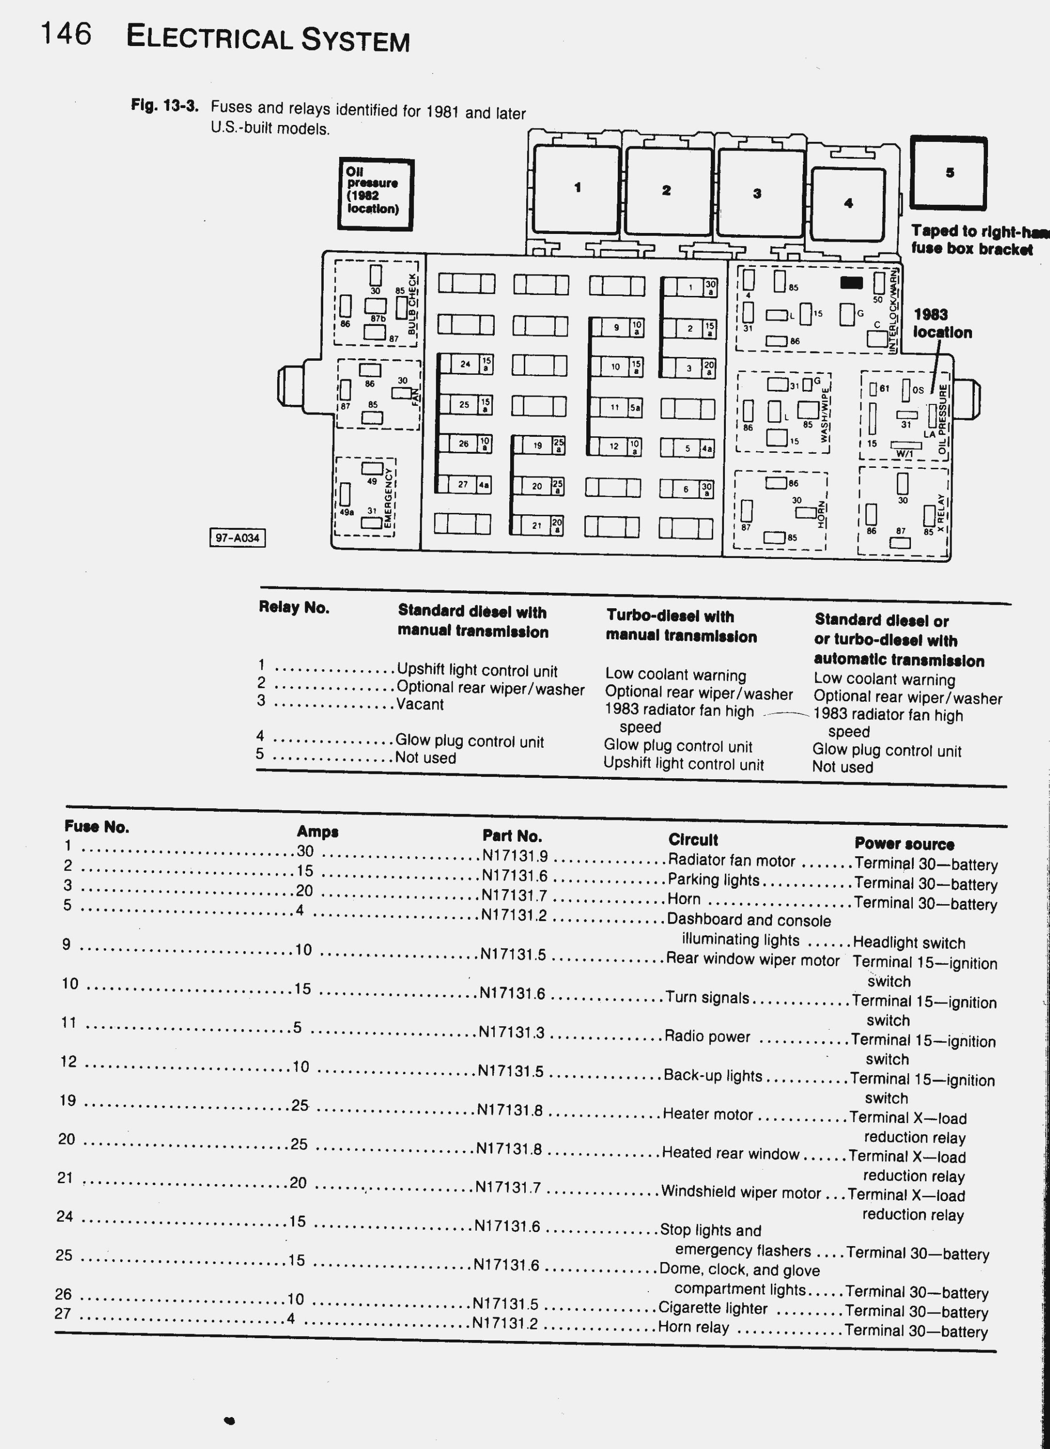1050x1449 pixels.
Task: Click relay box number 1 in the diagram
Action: [577, 189]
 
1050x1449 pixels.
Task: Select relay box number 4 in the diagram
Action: [848, 203]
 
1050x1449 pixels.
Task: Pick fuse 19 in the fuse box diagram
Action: [539, 445]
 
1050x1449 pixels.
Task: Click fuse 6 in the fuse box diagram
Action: [687, 490]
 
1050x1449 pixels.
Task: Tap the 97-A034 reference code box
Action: [237, 538]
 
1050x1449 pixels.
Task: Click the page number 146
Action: [66, 34]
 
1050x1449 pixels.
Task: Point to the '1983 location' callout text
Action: [942, 324]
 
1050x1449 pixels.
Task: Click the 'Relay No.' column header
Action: [294, 608]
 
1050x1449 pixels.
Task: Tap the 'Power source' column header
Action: [904, 844]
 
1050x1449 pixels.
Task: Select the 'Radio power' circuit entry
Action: [707, 1036]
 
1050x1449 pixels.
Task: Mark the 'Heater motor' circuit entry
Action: [707, 1114]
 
